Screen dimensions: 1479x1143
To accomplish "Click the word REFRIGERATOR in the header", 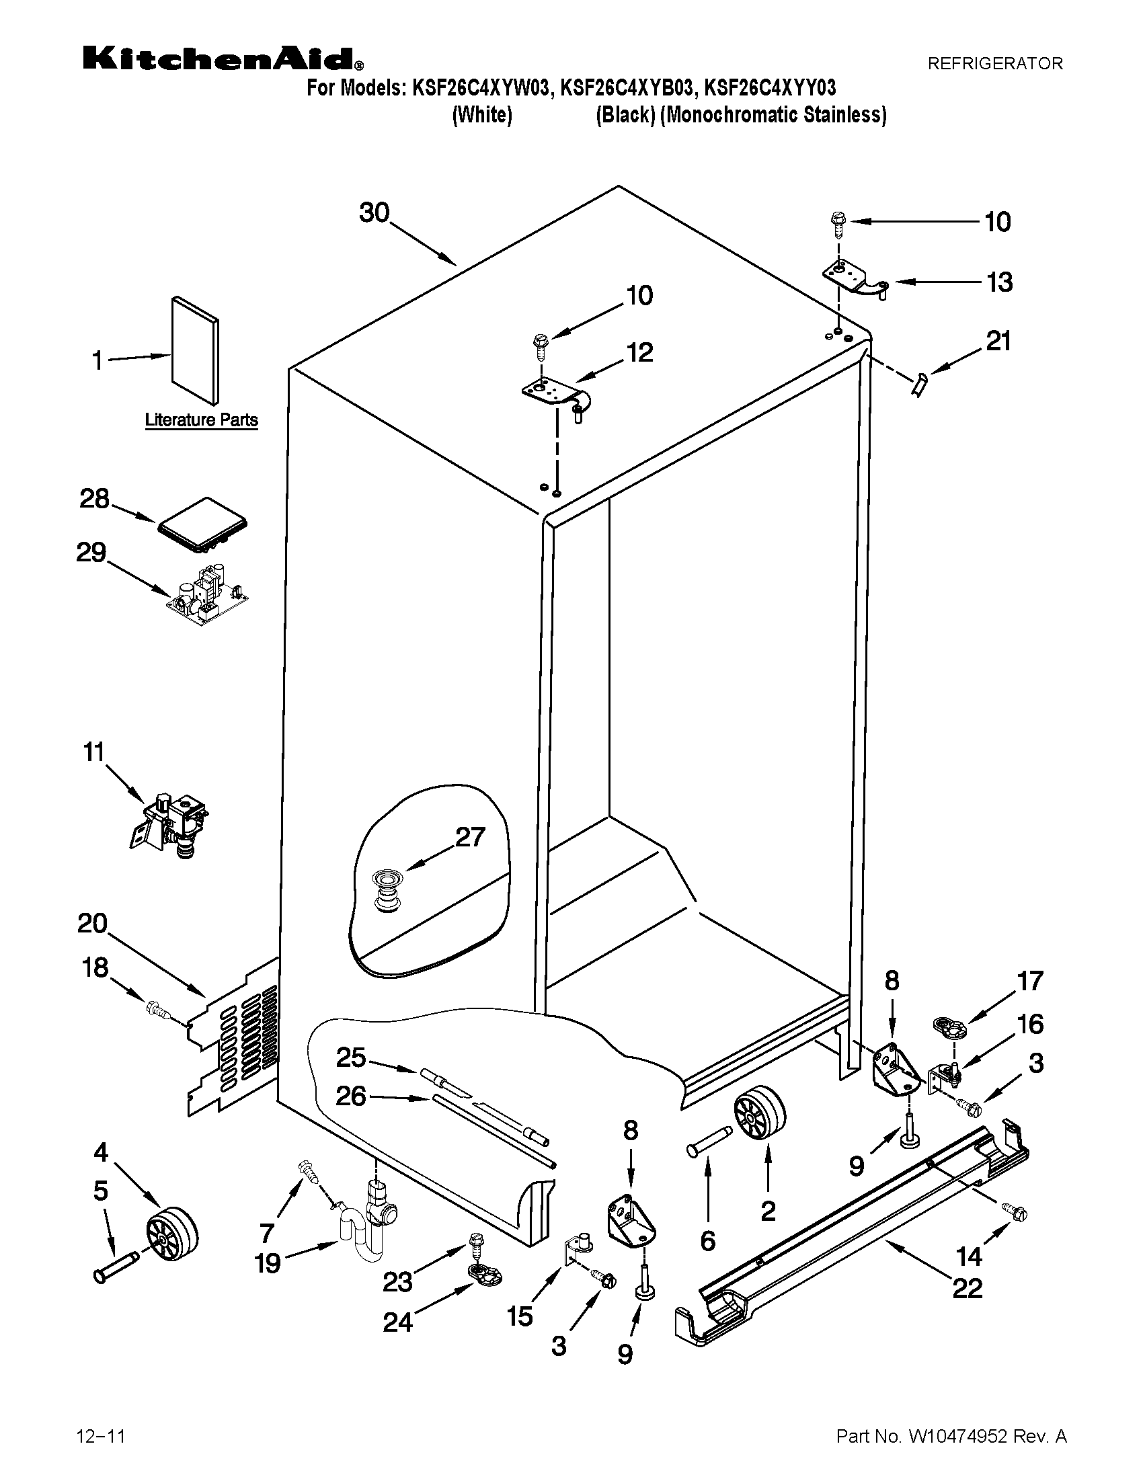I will pos(994,64).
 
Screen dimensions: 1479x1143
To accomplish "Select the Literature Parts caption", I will pos(201,420).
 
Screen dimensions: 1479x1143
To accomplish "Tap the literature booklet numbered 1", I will pos(195,348).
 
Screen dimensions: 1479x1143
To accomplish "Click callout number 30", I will pos(374,212).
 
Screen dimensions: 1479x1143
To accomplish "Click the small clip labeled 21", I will pos(920,385).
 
